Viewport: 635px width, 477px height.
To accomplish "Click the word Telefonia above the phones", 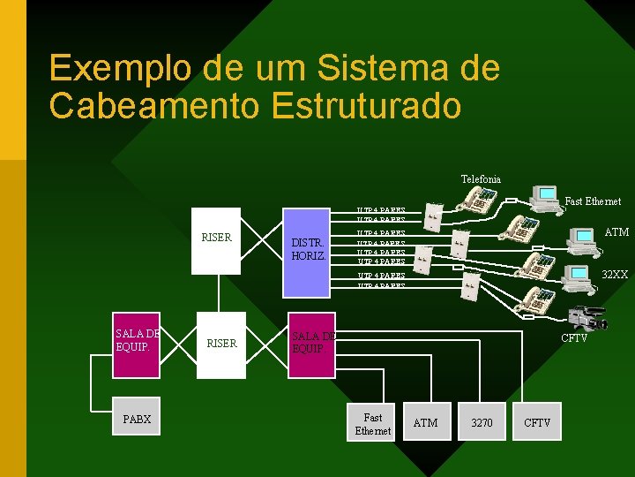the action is pyautogui.click(x=481, y=179).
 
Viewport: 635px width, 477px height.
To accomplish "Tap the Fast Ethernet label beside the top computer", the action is pyautogui.click(x=593, y=201).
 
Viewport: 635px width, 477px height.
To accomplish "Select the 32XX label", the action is pyautogui.click(x=614, y=275).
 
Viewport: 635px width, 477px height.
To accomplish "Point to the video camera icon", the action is pyautogui.click(x=587, y=316).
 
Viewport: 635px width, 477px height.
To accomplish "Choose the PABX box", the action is pyautogui.click(x=138, y=420).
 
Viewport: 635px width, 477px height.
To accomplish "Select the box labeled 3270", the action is pyautogui.click(x=482, y=423).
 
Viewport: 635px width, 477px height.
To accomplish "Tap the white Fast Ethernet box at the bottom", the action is pyautogui.click(x=372, y=423).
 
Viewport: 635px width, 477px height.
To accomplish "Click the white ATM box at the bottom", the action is pyautogui.click(x=426, y=423).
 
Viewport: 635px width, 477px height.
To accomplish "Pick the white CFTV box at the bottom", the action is pyautogui.click(x=537, y=423).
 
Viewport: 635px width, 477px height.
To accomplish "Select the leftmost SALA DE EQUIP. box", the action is pyautogui.click(x=137, y=339).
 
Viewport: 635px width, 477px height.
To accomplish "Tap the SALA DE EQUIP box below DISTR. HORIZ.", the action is pyautogui.click(x=312, y=344).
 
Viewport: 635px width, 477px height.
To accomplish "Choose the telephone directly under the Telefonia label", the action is pyautogui.click(x=480, y=201).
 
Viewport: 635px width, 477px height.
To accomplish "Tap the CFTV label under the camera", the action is pyautogui.click(x=574, y=338).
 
